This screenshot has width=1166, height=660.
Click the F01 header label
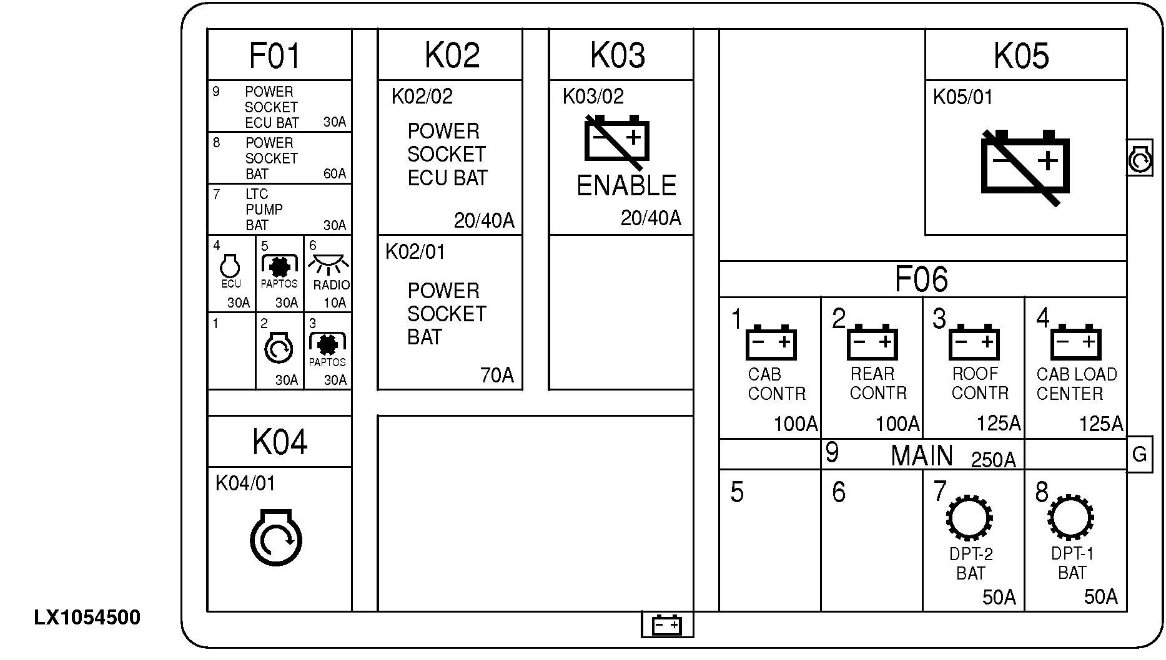(x=275, y=56)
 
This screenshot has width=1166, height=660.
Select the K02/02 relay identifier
(x=422, y=97)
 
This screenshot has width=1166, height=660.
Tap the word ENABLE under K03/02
(x=626, y=186)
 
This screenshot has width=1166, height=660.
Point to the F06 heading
(x=921, y=279)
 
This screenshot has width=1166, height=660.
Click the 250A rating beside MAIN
(x=993, y=460)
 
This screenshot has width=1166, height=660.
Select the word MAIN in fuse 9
(x=921, y=456)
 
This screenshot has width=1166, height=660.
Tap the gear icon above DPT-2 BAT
(x=969, y=518)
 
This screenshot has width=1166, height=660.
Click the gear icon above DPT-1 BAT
(x=1071, y=517)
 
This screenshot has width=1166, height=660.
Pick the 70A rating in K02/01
(x=497, y=376)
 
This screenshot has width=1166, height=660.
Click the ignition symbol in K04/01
(x=275, y=537)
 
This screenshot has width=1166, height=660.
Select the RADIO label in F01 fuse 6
(x=331, y=285)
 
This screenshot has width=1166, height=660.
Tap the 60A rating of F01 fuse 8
(x=335, y=173)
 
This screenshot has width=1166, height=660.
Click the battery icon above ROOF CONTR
(x=974, y=342)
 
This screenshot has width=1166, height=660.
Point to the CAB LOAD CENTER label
(x=1076, y=384)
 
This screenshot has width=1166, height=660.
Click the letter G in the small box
(x=1139, y=455)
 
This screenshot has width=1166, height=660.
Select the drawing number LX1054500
(x=87, y=618)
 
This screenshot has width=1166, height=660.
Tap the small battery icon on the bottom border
(x=667, y=624)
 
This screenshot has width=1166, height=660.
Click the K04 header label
(x=280, y=442)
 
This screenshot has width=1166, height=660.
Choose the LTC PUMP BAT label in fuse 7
(x=264, y=210)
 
